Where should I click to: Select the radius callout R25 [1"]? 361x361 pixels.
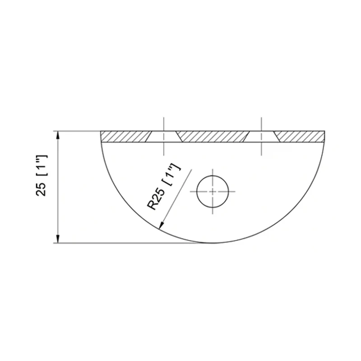[x=164, y=187]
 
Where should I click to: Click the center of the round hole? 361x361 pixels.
[x=213, y=190]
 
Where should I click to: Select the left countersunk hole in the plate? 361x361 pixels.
[x=163, y=137]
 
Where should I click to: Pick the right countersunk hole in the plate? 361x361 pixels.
[x=262, y=137]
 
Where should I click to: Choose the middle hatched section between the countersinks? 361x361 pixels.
[x=213, y=137]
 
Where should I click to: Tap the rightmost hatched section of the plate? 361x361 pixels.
[x=300, y=137]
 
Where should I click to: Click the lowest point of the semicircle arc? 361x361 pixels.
[x=213, y=243]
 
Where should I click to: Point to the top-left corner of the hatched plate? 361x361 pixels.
[x=101, y=131]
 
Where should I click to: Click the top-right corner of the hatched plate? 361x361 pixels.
[x=324, y=131]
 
